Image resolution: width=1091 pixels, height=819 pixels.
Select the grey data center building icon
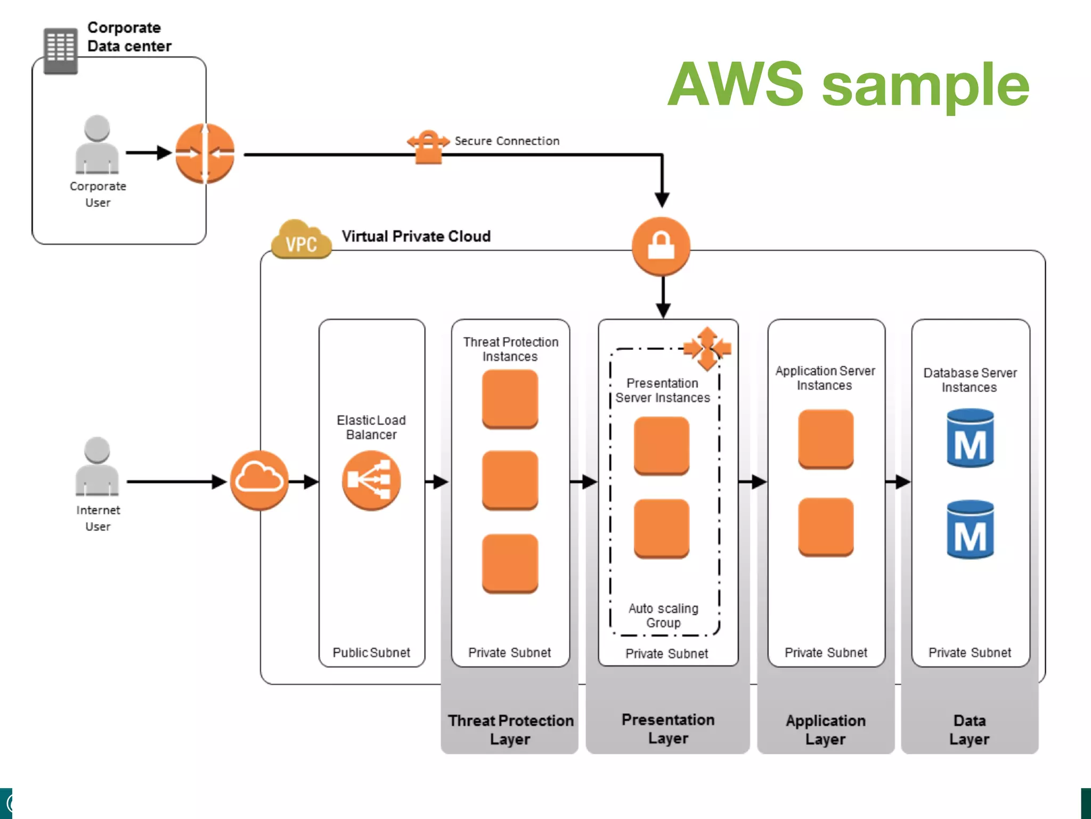coord(60,51)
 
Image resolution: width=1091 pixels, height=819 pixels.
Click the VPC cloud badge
coord(301,240)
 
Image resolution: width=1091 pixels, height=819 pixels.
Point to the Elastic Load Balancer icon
coord(371,480)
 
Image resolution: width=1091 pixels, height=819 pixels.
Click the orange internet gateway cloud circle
coord(259,480)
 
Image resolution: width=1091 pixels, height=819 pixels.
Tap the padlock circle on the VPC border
coord(661,246)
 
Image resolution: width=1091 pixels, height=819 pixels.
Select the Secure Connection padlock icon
coord(428,147)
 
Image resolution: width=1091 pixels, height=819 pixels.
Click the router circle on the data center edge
coord(205,153)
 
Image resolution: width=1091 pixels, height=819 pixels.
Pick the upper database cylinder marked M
coord(970,438)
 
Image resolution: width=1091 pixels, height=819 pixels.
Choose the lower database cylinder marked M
coord(970,529)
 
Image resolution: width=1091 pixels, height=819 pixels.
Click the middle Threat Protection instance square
coord(510,480)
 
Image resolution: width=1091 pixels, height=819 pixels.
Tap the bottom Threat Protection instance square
coord(510,563)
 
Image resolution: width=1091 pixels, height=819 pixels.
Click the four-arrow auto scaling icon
coord(707,349)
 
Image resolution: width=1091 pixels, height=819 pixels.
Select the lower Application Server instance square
coord(826,527)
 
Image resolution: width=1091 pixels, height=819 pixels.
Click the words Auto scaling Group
coord(663,615)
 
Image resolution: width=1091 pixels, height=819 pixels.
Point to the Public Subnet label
coord(371,653)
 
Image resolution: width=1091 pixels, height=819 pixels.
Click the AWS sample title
coord(848,84)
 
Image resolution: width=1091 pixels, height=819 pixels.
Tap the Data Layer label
coord(969,729)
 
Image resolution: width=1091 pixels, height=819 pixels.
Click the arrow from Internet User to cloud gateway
coord(176,481)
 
